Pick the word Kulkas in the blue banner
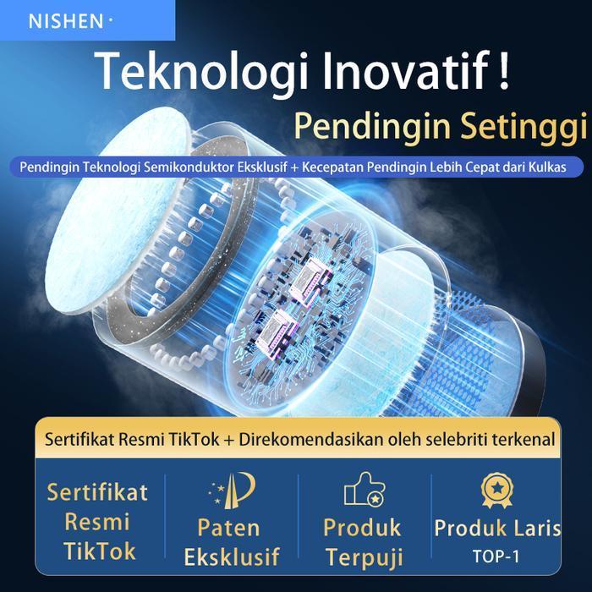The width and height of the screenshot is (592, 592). coord(560,167)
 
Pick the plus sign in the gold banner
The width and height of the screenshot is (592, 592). coord(228,440)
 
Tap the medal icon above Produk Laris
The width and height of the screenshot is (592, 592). coord(496,491)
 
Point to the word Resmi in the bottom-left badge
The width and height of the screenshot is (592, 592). coord(98,522)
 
